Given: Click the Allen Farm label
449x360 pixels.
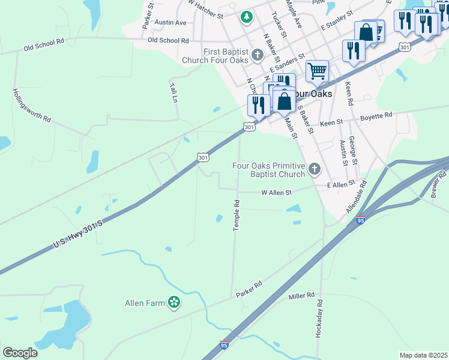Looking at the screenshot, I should (x=144, y=303).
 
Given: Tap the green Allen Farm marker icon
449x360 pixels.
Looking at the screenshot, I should (x=174, y=303).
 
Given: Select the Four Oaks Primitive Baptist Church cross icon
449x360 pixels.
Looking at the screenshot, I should (x=314, y=170).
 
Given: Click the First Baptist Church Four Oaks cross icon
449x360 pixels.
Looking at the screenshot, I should (x=258, y=56).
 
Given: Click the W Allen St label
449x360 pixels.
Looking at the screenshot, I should (x=276, y=193).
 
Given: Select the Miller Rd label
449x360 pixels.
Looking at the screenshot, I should (x=301, y=296).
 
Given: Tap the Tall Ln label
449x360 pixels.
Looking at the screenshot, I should (x=173, y=92).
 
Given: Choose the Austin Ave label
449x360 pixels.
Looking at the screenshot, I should (x=170, y=22).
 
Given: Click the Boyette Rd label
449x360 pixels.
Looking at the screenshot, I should (x=376, y=115).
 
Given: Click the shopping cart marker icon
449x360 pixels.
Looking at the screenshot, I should (x=317, y=71).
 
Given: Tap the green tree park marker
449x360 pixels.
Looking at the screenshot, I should (x=246, y=17).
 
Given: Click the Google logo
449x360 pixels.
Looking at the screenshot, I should (x=20, y=353).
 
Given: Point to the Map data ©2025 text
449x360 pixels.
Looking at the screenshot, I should (x=423, y=355).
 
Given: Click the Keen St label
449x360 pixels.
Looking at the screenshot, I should (x=331, y=122).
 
